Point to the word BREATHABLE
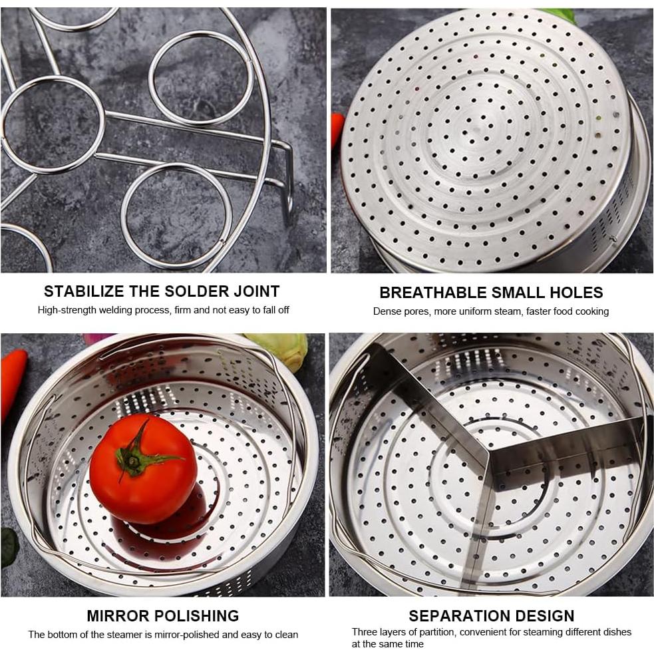click(432, 293)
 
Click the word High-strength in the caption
click(68, 310)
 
